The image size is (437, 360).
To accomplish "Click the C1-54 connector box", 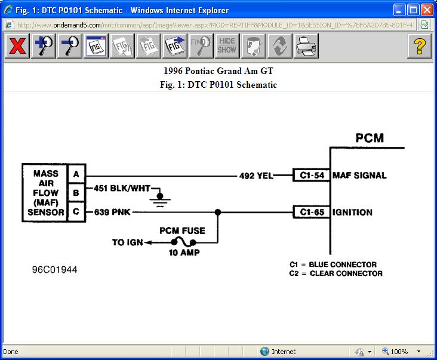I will [x=310, y=176].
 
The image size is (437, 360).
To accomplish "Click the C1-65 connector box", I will [x=310, y=212].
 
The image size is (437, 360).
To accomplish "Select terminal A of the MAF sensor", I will [x=76, y=174].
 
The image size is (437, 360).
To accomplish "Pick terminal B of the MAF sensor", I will [x=76, y=193].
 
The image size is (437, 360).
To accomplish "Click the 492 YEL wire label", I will [x=256, y=176].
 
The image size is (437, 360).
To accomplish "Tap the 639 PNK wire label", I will [x=112, y=212].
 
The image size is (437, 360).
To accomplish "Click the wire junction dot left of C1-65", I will [x=218, y=212].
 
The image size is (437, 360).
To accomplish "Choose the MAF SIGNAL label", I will [x=359, y=176].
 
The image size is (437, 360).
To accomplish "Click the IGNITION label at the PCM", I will [x=352, y=212].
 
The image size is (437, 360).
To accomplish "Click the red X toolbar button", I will [x=17, y=46].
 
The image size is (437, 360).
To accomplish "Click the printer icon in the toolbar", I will [x=306, y=46].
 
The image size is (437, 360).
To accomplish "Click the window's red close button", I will [x=426, y=10].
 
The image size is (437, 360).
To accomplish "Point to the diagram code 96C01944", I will [x=54, y=270].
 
